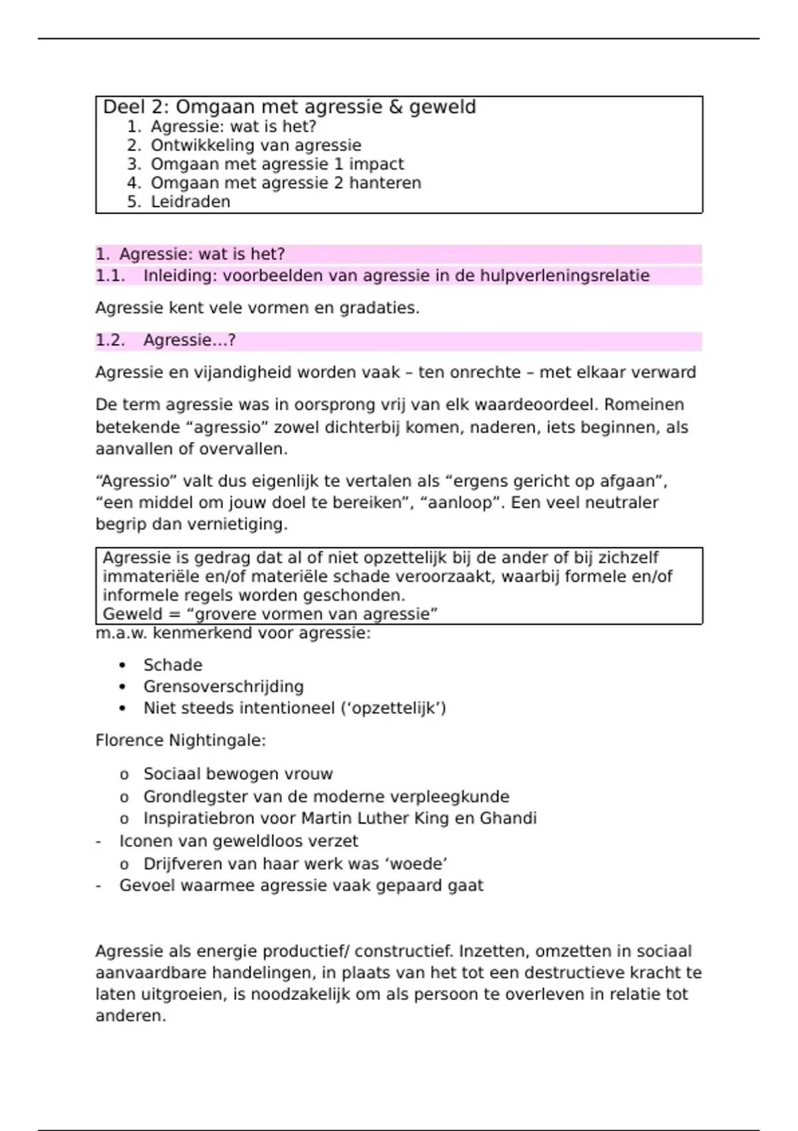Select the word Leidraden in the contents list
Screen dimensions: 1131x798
click(190, 202)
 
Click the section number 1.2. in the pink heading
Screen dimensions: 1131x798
click(110, 341)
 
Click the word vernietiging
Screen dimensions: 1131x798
click(237, 524)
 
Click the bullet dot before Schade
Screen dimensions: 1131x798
click(122, 665)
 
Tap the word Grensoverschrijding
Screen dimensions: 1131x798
click(223, 687)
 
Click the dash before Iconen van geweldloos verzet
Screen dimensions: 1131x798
click(98, 842)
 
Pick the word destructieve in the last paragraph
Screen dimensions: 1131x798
click(573, 973)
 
